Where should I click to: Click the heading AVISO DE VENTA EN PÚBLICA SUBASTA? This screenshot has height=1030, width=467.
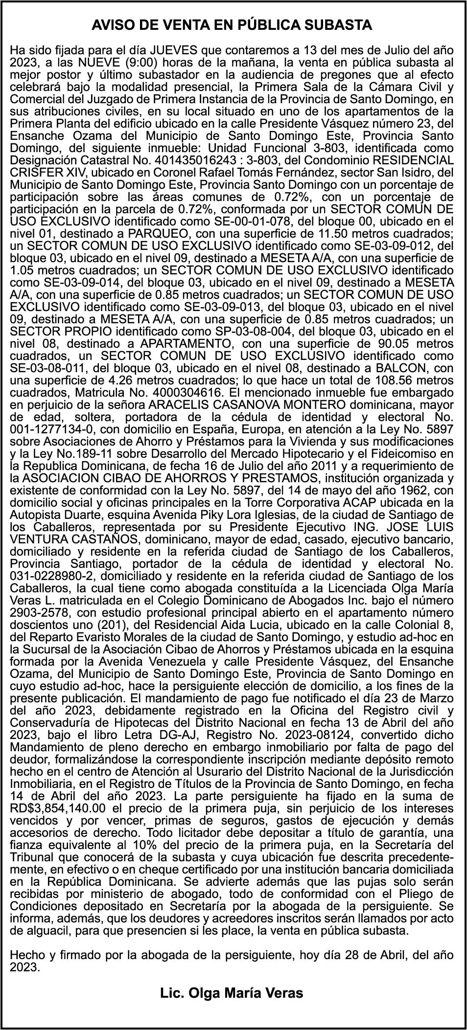(x=232, y=25)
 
